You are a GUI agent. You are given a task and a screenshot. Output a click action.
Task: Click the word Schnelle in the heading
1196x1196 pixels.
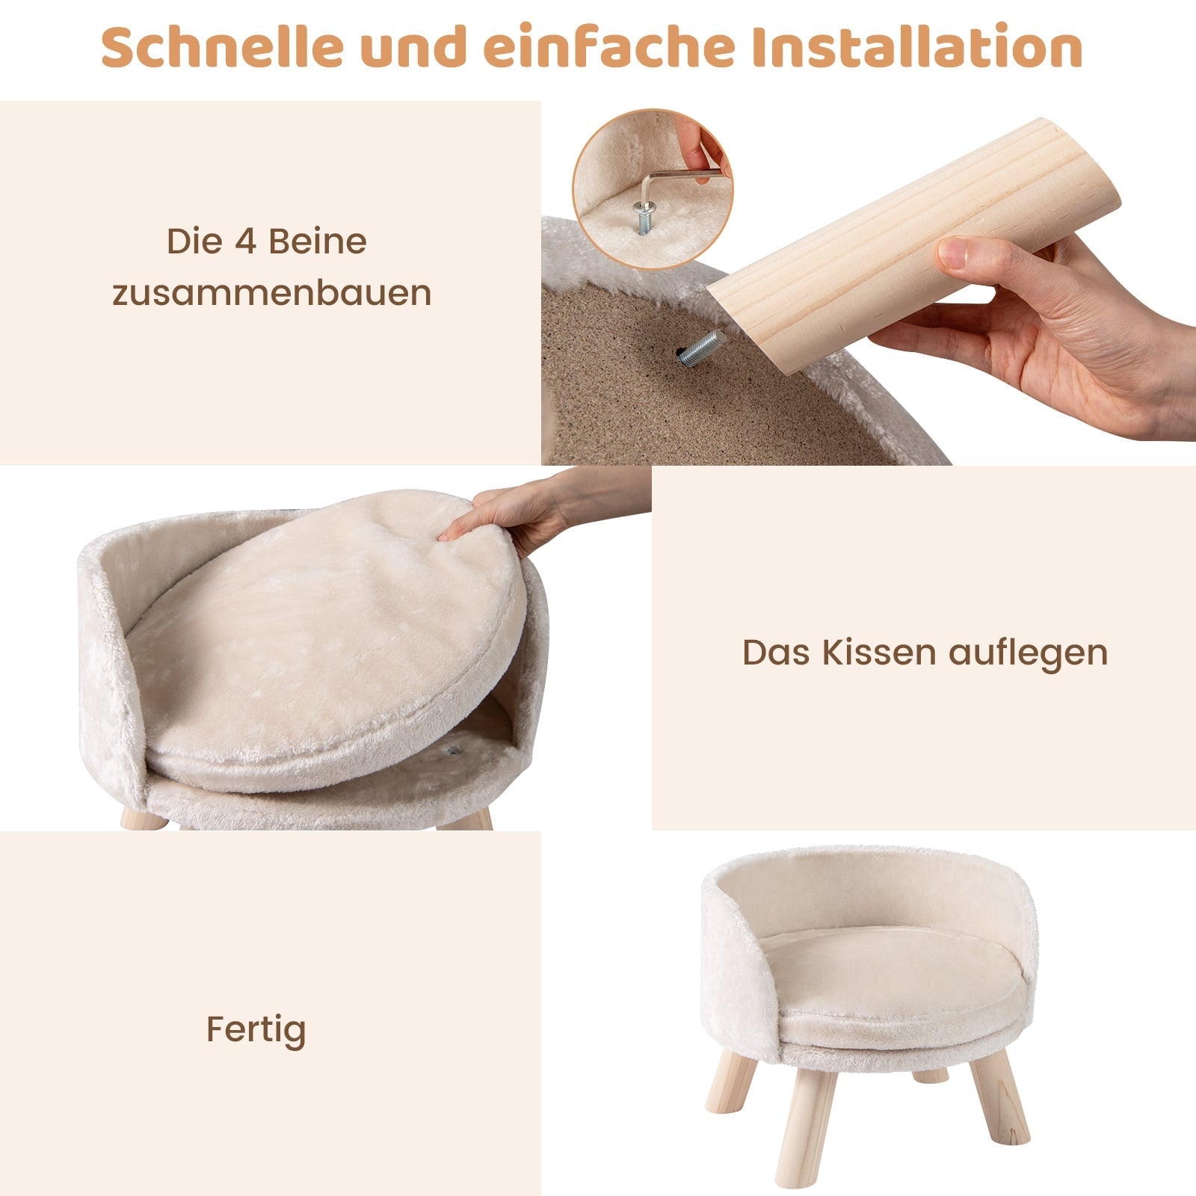point(223,47)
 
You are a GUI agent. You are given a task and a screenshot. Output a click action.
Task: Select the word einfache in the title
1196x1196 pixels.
point(610,47)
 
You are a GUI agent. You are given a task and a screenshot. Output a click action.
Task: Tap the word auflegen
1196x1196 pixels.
point(1029,653)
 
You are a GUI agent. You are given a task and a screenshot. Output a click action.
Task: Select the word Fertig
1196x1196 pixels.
point(256,1030)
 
